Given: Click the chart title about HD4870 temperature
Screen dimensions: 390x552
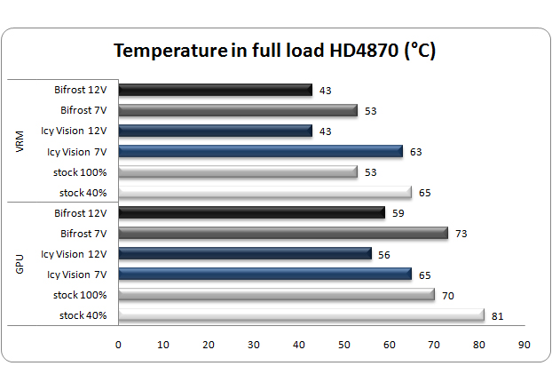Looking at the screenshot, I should (274, 51).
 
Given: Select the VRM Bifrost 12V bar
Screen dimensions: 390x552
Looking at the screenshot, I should (215, 90).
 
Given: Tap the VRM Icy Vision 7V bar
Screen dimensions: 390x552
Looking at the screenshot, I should (260, 151).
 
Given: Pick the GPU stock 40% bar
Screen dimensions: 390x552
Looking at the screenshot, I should (301, 315).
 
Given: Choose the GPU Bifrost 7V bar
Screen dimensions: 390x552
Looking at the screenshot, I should (283, 234).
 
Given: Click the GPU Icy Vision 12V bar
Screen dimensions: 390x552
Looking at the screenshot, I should (244, 254).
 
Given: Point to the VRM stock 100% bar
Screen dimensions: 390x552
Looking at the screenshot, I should (237, 171).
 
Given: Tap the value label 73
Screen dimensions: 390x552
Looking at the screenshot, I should (460, 234).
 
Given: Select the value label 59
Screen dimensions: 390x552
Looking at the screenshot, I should (397, 213).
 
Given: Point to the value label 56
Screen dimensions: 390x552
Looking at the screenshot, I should (383, 254).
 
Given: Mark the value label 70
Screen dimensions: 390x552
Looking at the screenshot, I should (446, 295).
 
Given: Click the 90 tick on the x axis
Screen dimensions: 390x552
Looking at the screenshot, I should (524, 344).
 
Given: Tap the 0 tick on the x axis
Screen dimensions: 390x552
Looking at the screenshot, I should (118, 344).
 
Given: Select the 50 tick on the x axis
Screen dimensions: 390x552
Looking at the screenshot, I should (343, 344).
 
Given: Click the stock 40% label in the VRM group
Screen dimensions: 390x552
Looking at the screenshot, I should (83, 192).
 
